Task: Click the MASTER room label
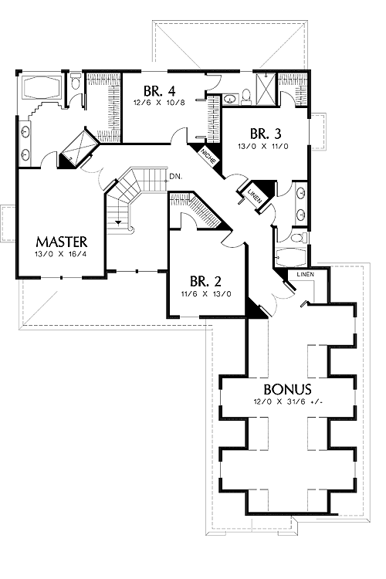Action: [62, 242]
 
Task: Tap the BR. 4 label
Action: [159, 90]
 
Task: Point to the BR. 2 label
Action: [206, 282]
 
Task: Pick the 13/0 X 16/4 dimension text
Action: [61, 254]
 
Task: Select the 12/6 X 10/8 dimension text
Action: [159, 102]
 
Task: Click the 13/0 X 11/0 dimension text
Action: [263, 146]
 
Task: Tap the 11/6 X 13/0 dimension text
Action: [206, 294]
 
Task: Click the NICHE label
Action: [208, 156]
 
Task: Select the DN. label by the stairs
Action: [175, 178]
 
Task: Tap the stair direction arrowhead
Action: [118, 222]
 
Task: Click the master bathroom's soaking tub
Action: [42, 87]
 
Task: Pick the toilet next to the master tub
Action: [76, 81]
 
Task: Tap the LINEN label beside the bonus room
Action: [306, 274]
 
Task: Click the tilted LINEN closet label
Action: [254, 195]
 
